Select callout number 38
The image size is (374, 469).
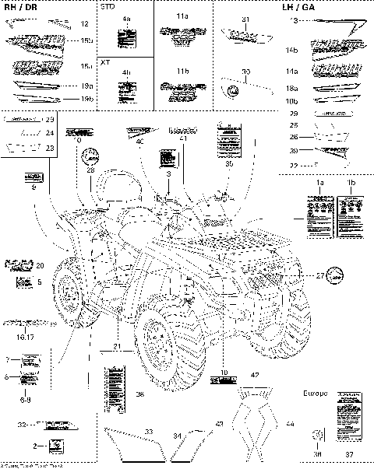[x=139, y=394]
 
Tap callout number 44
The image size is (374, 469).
[x=290, y=424]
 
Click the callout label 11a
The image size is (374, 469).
[x=182, y=16]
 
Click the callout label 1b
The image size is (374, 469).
[x=351, y=181]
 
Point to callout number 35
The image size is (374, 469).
[x=229, y=164]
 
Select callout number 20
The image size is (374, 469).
[x=40, y=265]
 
